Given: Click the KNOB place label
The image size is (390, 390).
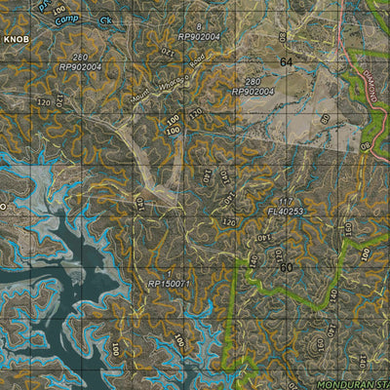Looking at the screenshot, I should pyautogui.click(x=16, y=39).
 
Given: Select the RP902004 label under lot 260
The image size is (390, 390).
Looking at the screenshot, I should pyautogui.click(x=80, y=67).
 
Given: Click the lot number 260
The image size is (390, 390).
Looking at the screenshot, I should pyautogui.click(x=79, y=58).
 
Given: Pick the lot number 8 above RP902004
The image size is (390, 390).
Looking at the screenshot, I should pyautogui.click(x=199, y=26).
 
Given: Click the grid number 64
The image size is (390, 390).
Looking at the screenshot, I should pyautogui.click(x=285, y=61).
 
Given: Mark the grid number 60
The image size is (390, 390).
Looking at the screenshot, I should pyautogui.click(x=286, y=266).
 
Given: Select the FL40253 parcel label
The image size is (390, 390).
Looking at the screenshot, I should pyautogui.click(x=285, y=211).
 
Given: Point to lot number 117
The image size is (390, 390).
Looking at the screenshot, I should pyautogui.click(x=284, y=201).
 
